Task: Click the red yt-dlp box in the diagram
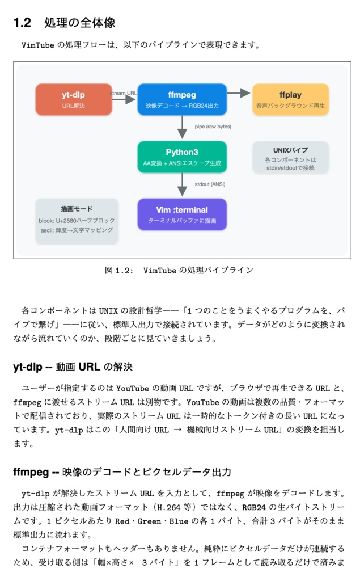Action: pos(74,99)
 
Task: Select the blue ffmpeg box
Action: pos(182,99)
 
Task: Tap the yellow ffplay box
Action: pos(290,99)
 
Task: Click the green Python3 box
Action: pos(182,157)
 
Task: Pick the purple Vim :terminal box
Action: pos(182,214)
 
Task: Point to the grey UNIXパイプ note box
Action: pos(290,157)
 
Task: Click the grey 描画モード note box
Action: pos(77,221)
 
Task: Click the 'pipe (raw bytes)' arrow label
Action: pos(213,127)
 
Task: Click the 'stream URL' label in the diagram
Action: pos(124,93)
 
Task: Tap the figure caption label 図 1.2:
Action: pos(119,271)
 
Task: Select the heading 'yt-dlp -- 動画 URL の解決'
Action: pos(73,367)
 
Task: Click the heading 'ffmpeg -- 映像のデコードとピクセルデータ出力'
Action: pos(122,472)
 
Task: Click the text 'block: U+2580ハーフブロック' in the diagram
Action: pos(77,220)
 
